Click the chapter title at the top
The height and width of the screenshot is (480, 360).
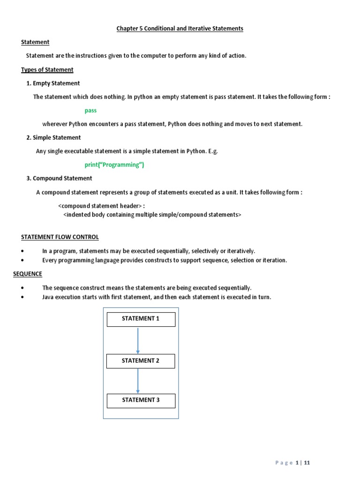tap(180, 29)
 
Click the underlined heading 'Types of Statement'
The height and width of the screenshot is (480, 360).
tap(47, 70)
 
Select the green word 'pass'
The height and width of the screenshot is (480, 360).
tap(90, 111)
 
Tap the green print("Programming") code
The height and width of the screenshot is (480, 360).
tap(114, 165)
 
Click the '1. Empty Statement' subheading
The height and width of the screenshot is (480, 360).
tap(53, 83)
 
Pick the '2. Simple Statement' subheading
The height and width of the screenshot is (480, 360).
tap(53, 138)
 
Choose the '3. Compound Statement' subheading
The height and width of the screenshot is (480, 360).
tap(59, 179)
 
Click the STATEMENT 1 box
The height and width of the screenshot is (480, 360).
tap(141, 319)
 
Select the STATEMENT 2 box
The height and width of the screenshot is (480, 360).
tap(141, 361)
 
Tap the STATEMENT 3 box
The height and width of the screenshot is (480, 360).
tap(141, 400)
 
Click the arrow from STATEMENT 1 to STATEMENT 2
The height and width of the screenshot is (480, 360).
tap(138, 340)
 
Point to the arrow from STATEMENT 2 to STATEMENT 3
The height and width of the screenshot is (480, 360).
tap(138, 381)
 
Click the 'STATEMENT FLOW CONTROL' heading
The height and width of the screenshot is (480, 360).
tap(60, 237)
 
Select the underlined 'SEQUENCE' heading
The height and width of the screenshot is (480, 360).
tap(28, 274)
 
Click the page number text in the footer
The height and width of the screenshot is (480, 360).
tap(292, 463)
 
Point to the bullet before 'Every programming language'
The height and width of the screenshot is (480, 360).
tap(23, 261)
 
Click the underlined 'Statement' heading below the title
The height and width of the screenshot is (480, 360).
tap(35, 42)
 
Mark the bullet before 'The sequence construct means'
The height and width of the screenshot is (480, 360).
tap(23, 288)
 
